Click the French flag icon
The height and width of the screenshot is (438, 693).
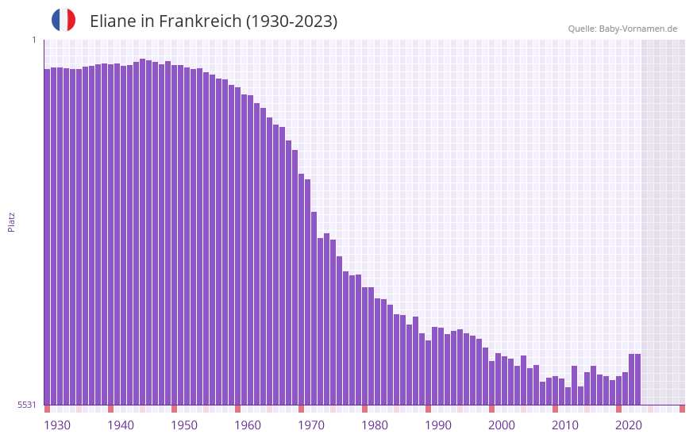[x=64, y=21]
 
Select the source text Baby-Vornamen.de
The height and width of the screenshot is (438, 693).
[x=637, y=29]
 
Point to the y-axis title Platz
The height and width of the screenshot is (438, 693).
[x=11, y=221]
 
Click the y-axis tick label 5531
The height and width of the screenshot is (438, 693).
[x=27, y=405]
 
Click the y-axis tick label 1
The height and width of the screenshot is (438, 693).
[x=33, y=40]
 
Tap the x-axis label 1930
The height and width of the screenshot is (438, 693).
[x=57, y=425]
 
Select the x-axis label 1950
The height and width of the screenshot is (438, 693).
[x=184, y=425]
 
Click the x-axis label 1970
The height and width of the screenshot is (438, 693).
[x=311, y=425]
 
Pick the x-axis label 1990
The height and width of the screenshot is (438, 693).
[x=438, y=425]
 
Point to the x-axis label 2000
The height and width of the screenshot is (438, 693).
[x=502, y=425]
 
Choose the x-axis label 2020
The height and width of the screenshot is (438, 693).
[x=629, y=425]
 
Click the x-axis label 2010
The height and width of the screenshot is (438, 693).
[x=565, y=425]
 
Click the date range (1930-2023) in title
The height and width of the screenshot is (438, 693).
[x=291, y=21]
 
